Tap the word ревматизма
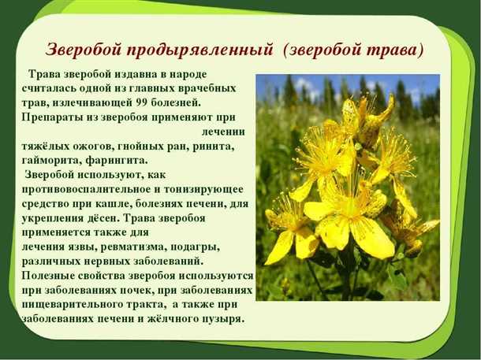[x=128, y=246]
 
